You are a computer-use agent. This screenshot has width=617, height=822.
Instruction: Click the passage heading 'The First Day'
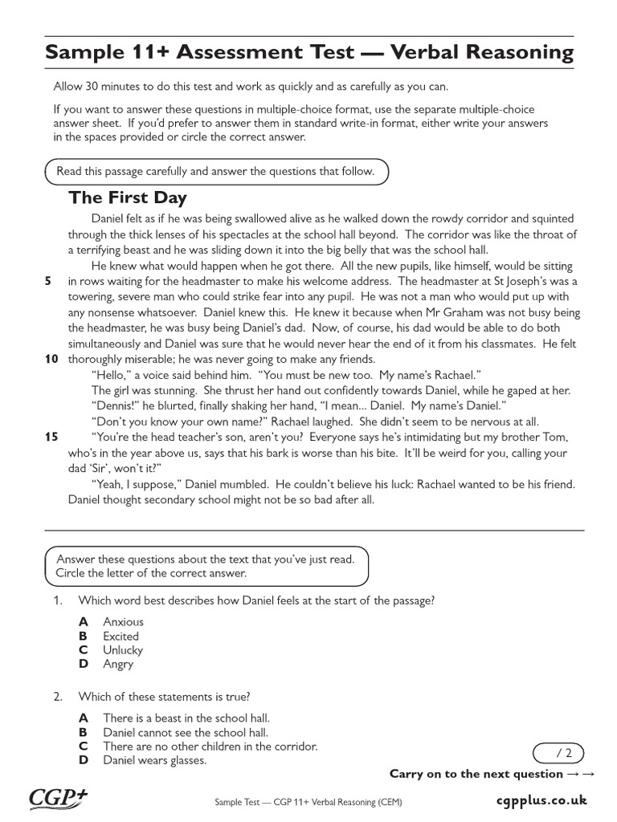click(x=128, y=197)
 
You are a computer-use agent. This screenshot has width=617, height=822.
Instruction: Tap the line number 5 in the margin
click(x=48, y=281)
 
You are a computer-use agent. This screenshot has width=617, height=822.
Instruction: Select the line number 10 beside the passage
click(x=51, y=359)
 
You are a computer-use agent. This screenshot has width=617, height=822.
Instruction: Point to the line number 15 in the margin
click(x=51, y=437)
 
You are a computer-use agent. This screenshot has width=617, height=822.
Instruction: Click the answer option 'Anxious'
click(x=123, y=621)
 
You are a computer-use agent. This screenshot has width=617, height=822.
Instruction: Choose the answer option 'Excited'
click(x=121, y=636)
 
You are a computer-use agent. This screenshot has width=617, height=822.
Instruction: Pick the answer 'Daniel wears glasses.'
click(x=154, y=760)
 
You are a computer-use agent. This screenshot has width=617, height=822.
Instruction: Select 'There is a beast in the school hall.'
click(x=186, y=718)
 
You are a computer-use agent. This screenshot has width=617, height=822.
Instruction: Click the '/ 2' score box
click(x=558, y=752)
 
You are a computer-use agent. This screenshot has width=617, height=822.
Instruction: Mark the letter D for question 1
click(x=84, y=664)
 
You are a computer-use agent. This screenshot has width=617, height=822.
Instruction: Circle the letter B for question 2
click(x=83, y=732)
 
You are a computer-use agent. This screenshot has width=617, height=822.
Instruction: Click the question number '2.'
click(x=58, y=697)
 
